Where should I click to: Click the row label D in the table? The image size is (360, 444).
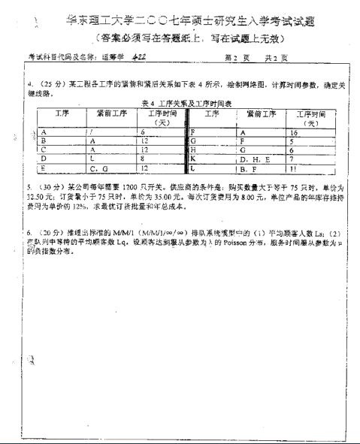tap(44, 159)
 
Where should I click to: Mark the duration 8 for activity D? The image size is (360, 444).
tap(141, 159)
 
